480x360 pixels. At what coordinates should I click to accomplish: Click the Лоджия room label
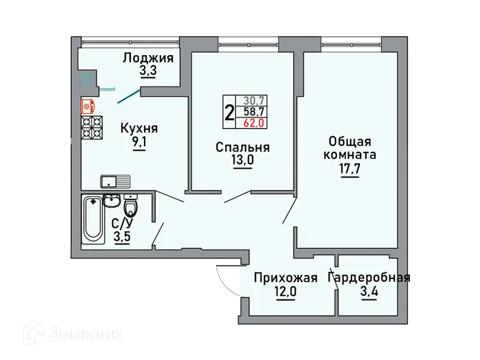click(x=148, y=58)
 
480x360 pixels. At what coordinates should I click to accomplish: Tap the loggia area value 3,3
click(x=148, y=72)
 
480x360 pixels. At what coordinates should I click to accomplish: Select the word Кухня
click(x=139, y=128)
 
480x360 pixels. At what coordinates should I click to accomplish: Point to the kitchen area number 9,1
click(x=139, y=143)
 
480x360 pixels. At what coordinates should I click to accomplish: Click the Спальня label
click(x=242, y=147)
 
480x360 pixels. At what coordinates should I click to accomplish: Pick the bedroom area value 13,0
click(x=242, y=161)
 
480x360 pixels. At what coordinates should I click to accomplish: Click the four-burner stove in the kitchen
click(x=92, y=127)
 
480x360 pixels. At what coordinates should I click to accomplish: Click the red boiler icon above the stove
click(x=88, y=106)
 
